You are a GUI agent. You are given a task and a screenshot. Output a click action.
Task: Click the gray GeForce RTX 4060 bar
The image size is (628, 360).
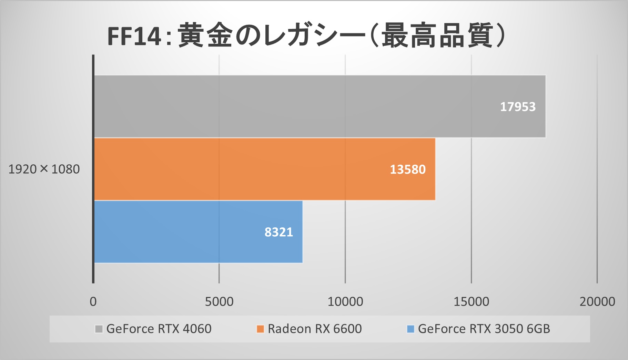click(x=320, y=106)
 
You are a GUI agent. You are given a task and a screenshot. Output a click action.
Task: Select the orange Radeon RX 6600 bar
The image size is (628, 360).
click(x=264, y=169)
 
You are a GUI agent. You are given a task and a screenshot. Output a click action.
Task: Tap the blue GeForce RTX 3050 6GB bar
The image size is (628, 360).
click(x=198, y=232)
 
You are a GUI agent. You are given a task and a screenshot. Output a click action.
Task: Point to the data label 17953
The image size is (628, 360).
click(x=518, y=107)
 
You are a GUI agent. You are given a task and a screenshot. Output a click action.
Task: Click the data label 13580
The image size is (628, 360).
click(x=408, y=169)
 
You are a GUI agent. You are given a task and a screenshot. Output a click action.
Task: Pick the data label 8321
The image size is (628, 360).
click(x=278, y=232)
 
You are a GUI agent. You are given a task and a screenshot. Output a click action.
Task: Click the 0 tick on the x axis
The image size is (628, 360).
click(x=93, y=301)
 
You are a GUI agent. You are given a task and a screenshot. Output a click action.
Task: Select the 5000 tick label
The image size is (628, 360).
click(x=219, y=301)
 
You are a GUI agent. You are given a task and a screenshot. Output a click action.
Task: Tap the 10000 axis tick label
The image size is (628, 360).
click(x=345, y=301)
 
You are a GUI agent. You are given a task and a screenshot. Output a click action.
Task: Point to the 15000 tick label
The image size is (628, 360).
click(x=471, y=301)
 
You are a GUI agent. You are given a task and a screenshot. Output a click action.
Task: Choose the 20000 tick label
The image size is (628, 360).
click(x=597, y=301)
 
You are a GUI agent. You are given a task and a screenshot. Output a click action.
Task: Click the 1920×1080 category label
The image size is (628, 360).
click(x=44, y=169)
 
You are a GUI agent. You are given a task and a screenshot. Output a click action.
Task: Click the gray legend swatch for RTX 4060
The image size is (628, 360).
click(x=99, y=329)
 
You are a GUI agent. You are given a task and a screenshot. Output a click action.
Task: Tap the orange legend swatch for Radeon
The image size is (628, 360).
click(x=260, y=329)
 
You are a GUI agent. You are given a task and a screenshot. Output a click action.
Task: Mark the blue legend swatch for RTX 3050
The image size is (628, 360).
click(x=410, y=329)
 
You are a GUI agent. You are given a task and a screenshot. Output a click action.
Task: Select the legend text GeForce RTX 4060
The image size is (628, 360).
click(x=159, y=329)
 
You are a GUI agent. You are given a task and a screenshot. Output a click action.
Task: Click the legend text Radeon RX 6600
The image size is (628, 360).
click(x=315, y=329)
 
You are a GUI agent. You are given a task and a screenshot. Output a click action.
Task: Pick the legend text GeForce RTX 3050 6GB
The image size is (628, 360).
click(x=484, y=329)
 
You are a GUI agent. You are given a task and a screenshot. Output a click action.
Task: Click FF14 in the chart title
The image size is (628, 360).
click(x=134, y=36)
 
